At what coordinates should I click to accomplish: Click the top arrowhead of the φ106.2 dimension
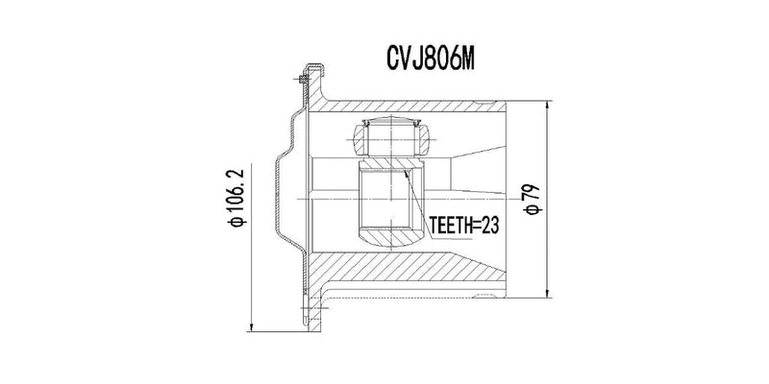tap(253, 71)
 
